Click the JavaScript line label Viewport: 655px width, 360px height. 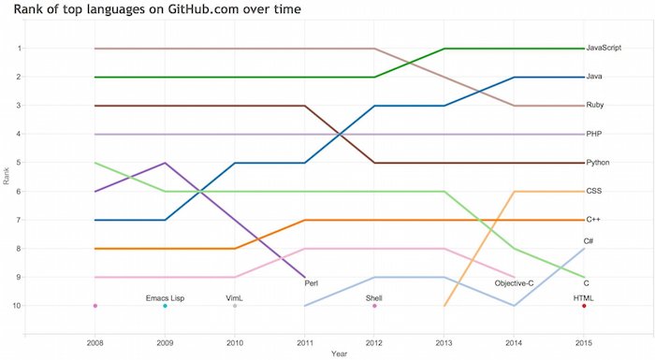coord(605,48)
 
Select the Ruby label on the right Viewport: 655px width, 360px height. coord(594,106)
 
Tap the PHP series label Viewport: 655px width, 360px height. coord(593,135)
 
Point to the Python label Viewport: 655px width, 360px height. coord(598,163)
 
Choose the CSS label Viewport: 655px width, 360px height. coord(593,192)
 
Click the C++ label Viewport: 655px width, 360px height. coord(593,220)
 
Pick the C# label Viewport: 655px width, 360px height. coord(590,240)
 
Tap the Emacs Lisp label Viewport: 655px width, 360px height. coord(165,297)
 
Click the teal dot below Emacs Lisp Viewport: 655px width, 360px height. coord(165,306)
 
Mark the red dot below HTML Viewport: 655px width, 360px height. coord(584,306)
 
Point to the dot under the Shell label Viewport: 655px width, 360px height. coord(374,306)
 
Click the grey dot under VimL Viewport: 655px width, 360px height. coord(235,306)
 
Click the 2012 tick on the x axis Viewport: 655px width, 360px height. coord(374,343)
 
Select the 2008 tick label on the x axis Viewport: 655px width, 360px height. coord(95,343)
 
